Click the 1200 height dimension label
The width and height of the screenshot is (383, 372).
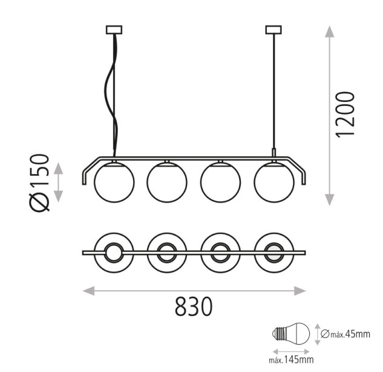point(345,115)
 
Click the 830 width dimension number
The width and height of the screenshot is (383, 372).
point(194,306)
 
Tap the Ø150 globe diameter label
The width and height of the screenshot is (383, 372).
point(39,182)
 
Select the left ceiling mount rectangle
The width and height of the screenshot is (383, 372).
point(114,30)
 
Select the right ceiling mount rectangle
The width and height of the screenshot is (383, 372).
point(273,30)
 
